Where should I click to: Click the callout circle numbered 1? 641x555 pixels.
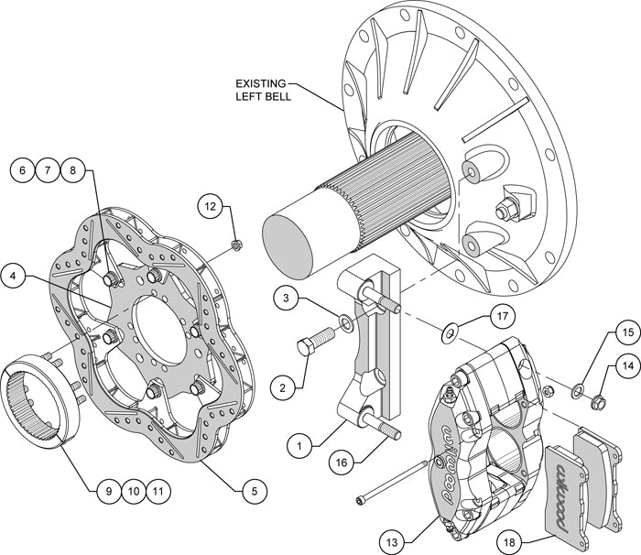point(297,446)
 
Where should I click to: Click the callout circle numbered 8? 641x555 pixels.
point(72,170)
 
